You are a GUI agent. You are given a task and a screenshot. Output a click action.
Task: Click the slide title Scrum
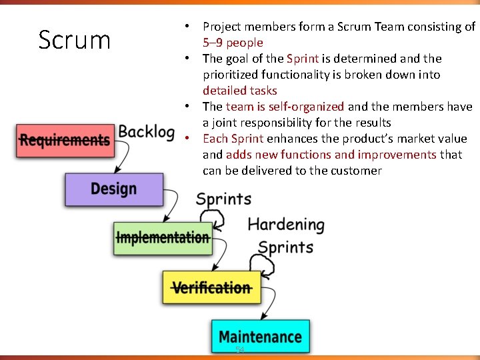(x=74, y=40)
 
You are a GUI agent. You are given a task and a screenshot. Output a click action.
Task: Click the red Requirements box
(x=65, y=140)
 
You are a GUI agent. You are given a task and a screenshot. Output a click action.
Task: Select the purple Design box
(x=113, y=189)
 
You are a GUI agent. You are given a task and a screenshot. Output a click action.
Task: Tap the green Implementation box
(x=163, y=237)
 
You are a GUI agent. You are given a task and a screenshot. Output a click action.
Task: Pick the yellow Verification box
(x=211, y=287)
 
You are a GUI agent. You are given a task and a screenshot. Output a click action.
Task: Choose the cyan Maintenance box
(x=260, y=337)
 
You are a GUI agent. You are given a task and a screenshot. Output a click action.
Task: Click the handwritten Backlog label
(x=147, y=132)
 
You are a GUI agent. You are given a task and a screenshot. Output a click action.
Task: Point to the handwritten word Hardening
(x=286, y=225)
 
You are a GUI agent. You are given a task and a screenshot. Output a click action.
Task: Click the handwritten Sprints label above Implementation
(x=223, y=199)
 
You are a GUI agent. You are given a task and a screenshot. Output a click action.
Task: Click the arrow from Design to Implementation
(x=172, y=207)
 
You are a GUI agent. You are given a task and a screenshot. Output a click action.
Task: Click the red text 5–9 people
(x=233, y=43)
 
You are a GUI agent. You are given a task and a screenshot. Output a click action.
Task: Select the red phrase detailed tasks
(x=239, y=91)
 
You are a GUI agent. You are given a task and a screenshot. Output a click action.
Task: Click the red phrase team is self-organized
(x=285, y=107)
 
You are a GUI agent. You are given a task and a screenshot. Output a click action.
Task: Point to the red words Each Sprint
(x=233, y=139)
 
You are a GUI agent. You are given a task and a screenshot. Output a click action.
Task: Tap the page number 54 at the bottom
(x=240, y=350)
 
